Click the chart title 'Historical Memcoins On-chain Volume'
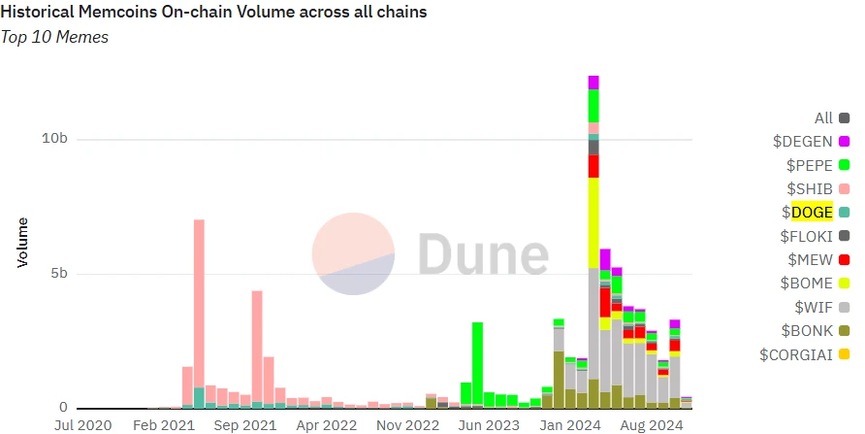pyautogui.click(x=213, y=13)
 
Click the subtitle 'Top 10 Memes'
pyautogui.click(x=54, y=37)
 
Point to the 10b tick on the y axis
pyautogui.click(x=54, y=139)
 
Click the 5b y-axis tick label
pyautogui.click(x=58, y=274)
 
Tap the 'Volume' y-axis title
pyautogui.click(x=22, y=243)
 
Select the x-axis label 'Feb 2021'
pyautogui.click(x=165, y=424)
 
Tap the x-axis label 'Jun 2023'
pyautogui.click(x=488, y=424)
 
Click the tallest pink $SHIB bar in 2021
pyautogui.click(x=199, y=301)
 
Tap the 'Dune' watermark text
pyautogui.click(x=482, y=254)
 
